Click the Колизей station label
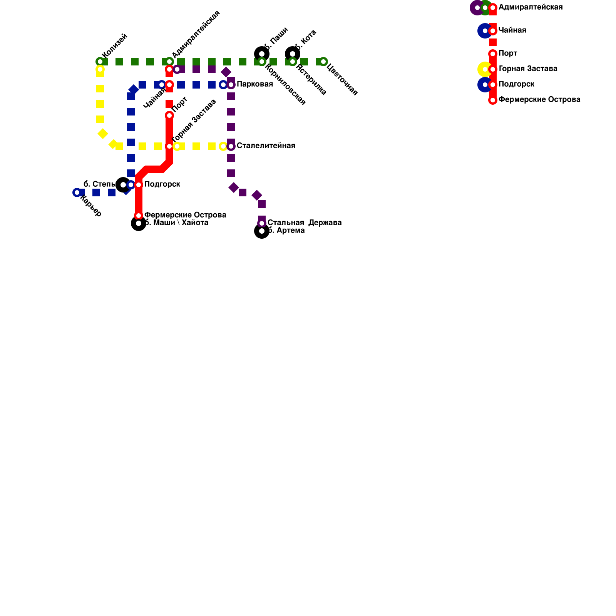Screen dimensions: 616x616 click(115, 46)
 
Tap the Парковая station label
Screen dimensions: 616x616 click(254, 84)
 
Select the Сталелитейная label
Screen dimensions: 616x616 click(266, 146)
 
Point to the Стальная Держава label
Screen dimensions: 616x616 click(304, 223)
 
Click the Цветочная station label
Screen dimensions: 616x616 click(342, 80)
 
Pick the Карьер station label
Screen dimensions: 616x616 click(91, 206)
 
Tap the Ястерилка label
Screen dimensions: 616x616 click(311, 80)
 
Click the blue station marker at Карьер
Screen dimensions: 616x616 click(77, 192)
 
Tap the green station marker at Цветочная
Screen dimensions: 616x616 click(323, 62)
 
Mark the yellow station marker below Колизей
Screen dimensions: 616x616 click(100, 70)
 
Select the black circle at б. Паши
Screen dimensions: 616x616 click(262, 54)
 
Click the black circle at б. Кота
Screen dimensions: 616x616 click(293, 54)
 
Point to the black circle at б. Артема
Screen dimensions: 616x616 click(262, 231)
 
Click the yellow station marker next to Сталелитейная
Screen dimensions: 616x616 click(223, 146)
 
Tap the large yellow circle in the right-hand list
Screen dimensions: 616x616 click(484, 69)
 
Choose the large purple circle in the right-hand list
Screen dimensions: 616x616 click(477, 8)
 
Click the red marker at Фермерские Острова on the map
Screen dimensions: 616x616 click(139, 216)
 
